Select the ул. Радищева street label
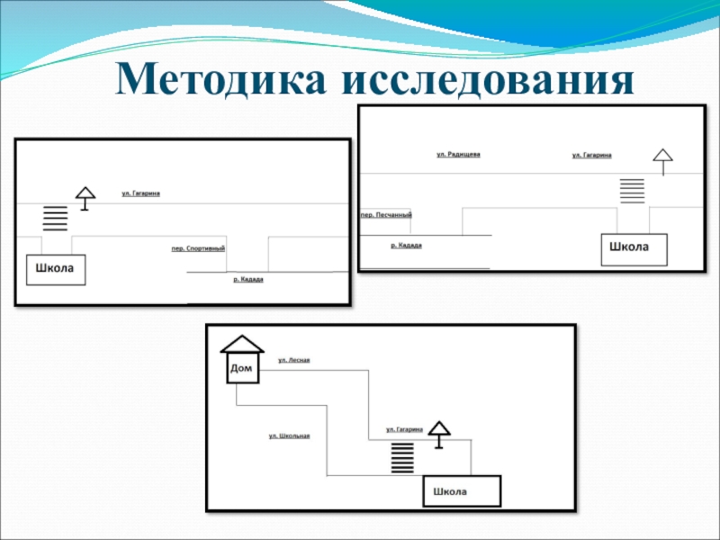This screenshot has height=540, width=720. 458,155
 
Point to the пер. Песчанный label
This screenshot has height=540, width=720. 386,215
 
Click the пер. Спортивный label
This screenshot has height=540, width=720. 198,248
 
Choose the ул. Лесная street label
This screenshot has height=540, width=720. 294,360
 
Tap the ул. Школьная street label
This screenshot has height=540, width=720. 289,436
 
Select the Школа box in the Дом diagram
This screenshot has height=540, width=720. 462,491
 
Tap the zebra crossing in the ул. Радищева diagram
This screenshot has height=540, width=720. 633,191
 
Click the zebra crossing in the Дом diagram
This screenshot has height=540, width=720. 402,457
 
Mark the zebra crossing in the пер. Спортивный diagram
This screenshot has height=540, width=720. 56,218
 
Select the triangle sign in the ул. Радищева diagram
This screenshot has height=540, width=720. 663,157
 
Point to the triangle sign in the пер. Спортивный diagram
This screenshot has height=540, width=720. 85,193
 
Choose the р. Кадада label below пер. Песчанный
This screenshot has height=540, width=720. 407,246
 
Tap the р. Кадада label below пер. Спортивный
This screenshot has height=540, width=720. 247,280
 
